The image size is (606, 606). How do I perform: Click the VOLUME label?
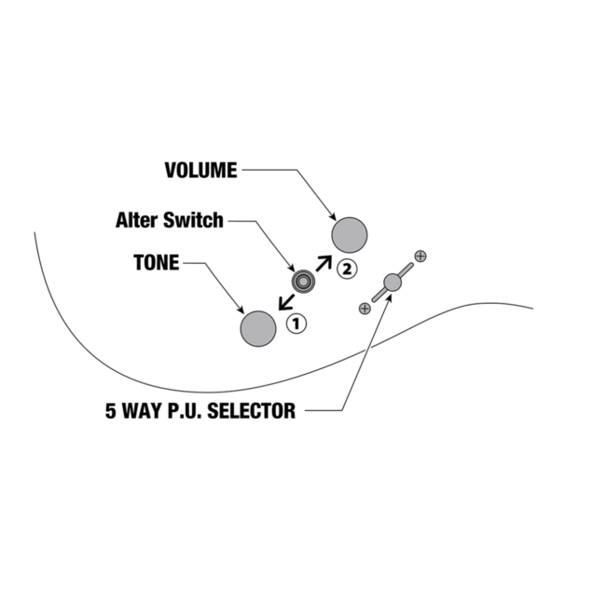pos(200,171)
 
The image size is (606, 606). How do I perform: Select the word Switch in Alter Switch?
pos(193,221)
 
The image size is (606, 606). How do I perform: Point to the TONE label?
pos(157,263)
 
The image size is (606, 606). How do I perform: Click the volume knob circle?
pos(350,234)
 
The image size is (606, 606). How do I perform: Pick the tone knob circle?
pos(258,328)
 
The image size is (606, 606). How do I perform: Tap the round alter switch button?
pos(303,280)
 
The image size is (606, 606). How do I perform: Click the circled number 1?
pos(296,324)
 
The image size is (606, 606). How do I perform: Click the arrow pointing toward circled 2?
pos(323,262)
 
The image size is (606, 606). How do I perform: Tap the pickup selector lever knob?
pos(393,282)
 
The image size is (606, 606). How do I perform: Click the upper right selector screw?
pos(420,255)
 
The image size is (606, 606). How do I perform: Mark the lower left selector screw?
pos(365,308)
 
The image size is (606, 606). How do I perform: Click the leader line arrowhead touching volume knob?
pos(334,217)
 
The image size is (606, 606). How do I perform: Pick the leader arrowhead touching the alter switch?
pos(291,267)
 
